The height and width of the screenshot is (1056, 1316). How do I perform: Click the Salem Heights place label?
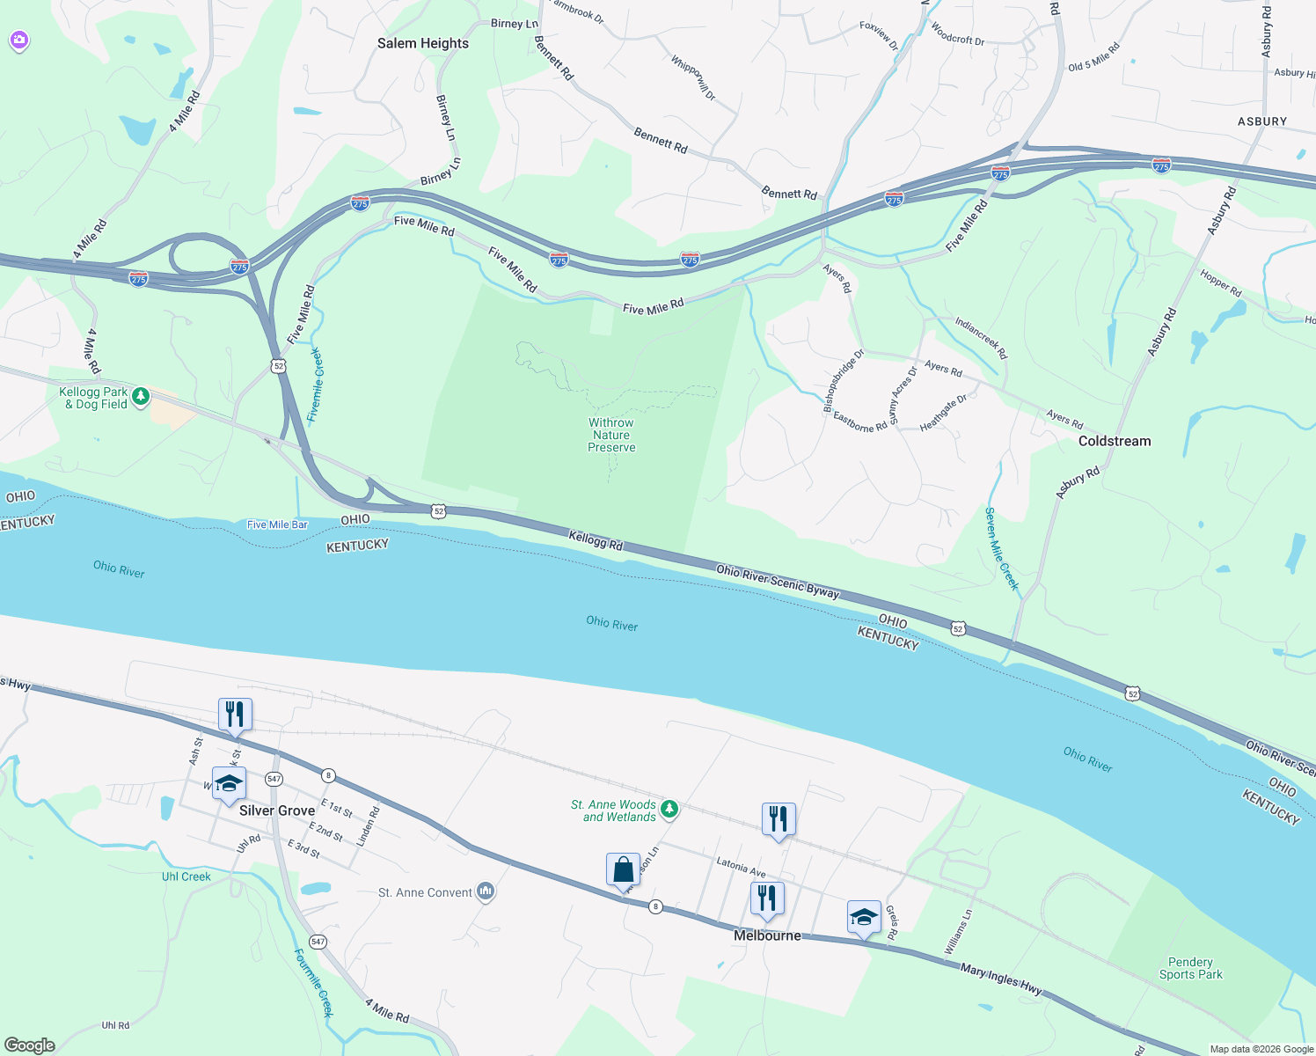(x=422, y=43)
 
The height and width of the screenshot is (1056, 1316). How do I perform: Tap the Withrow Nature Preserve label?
(x=611, y=435)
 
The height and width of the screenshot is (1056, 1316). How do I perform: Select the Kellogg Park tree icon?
(x=141, y=398)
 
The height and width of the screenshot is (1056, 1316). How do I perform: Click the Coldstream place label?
(x=1114, y=441)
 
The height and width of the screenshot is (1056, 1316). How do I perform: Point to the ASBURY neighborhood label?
(x=1261, y=121)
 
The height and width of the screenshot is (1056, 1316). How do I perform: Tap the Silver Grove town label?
(x=277, y=810)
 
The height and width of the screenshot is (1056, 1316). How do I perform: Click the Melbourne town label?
(x=767, y=935)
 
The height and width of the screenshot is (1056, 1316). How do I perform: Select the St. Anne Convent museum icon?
(x=486, y=892)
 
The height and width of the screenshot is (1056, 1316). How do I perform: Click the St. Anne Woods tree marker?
(x=669, y=809)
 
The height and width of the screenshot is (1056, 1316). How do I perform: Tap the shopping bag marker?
(x=623, y=870)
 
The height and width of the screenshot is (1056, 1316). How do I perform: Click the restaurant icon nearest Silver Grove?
(x=235, y=715)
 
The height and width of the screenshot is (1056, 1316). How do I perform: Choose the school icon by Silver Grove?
(x=229, y=783)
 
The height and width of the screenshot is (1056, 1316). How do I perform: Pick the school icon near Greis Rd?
(x=864, y=918)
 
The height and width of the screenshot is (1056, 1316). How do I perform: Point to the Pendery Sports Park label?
(x=1190, y=968)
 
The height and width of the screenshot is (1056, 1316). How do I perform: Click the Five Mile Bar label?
(x=277, y=524)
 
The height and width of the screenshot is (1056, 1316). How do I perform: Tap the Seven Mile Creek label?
(x=1001, y=548)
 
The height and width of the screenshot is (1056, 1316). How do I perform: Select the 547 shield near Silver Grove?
(x=274, y=779)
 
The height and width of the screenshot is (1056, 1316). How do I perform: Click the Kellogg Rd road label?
(x=596, y=540)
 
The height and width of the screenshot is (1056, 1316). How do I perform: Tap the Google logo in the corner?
(x=30, y=1045)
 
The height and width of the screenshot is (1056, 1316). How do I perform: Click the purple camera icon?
(x=19, y=40)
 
